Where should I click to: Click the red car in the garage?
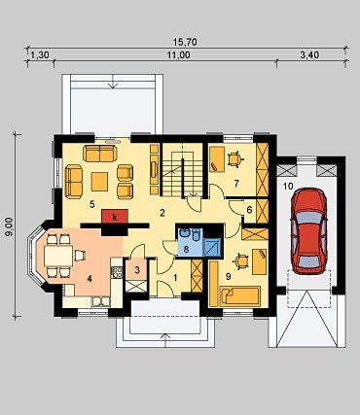click(308, 230)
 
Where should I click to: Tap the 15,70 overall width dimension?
click(185, 42)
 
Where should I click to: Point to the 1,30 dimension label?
click(40, 55)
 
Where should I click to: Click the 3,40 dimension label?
click(309, 55)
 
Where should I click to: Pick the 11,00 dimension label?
click(179, 55)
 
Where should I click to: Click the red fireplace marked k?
click(115, 217)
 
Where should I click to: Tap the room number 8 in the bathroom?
click(186, 249)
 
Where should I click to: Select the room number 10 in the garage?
click(288, 186)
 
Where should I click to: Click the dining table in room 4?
click(58, 256)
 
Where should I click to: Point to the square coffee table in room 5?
click(99, 182)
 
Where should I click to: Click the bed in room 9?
click(239, 296)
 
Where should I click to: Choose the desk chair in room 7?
click(234, 159)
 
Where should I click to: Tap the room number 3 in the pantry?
click(137, 270)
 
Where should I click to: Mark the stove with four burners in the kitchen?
click(117, 272)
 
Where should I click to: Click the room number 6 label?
click(249, 210)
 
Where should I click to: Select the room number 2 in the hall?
click(162, 213)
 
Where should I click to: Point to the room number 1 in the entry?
click(175, 278)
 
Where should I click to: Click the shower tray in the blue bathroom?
click(213, 247)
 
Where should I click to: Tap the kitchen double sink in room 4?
click(101, 301)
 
